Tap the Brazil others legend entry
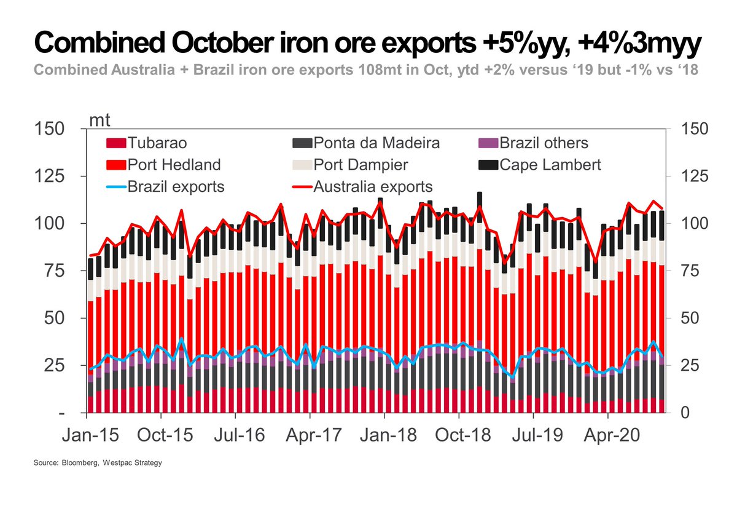[x=534, y=144]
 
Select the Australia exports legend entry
[x=362, y=186]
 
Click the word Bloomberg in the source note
[x=81, y=462]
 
